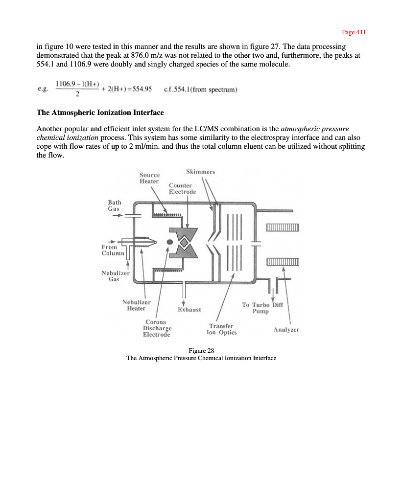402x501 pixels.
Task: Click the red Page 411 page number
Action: coord(354,32)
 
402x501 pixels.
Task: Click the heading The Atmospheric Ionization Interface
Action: coord(100,113)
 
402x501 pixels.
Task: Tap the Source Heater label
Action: coord(149,178)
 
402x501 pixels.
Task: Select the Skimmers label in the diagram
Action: coord(200,172)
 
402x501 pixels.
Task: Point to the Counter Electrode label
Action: coord(182,189)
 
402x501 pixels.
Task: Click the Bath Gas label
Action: coord(115,205)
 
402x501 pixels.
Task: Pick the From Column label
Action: coord(113,250)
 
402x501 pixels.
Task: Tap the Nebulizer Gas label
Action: coord(116,276)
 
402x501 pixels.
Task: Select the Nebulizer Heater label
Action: coord(136,305)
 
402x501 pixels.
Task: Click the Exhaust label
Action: coord(189,310)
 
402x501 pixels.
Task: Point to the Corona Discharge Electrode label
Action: coord(157,328)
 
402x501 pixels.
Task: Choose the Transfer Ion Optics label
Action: coord(222,329)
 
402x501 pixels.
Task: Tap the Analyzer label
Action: coord(286,330)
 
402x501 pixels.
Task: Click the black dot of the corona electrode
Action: coord(170,242)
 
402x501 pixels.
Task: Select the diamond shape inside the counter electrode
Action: coord(184,242)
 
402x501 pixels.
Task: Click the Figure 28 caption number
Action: coord(201,350)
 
